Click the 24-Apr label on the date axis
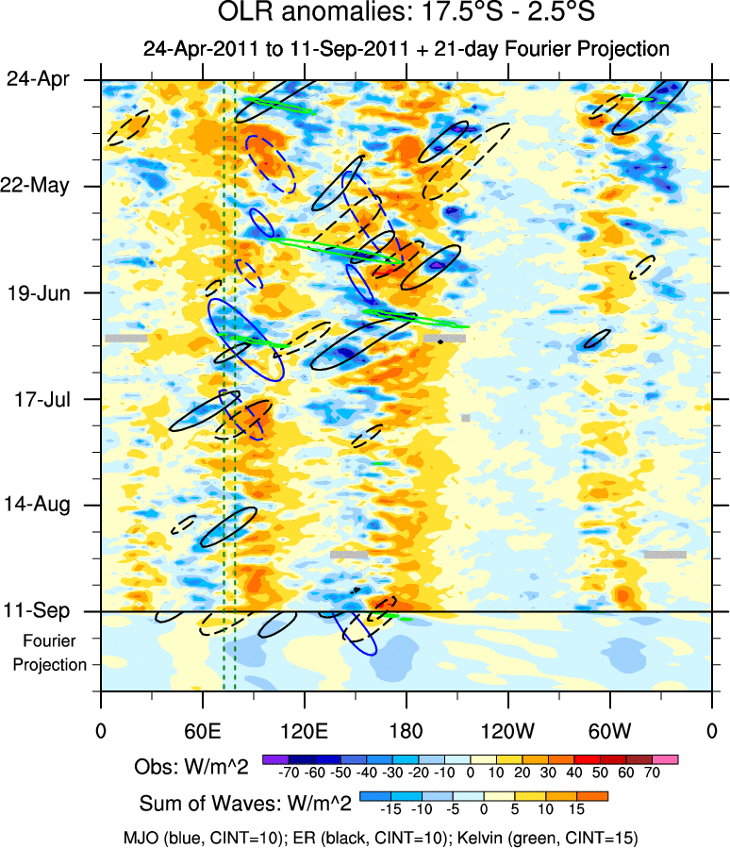coord(44,79)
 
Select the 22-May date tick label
coord(44,185)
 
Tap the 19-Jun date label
coord(44,291)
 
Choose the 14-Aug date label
coord(44,505)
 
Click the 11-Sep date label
coord(44,610)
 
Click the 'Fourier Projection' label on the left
coord(55,653)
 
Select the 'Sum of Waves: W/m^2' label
coord(246,804)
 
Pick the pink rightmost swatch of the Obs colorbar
coord(665,757)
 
